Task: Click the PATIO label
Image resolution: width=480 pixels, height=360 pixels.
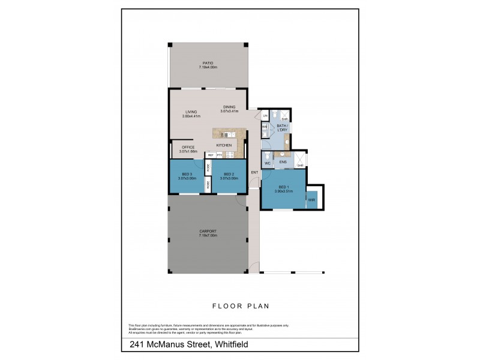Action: (x=208, y=62)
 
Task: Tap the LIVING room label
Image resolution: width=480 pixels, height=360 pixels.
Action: (x=191, y=111)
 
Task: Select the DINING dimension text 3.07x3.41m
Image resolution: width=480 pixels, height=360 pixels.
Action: (x=229, y=112)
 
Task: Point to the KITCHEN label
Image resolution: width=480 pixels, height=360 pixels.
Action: (x=224, y=146)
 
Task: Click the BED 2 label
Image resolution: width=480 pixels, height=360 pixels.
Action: (x=229, y=174)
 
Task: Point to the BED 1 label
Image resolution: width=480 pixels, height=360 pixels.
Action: (x=283, y=188)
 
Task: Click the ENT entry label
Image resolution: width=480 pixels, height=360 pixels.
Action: (x=254, y=173)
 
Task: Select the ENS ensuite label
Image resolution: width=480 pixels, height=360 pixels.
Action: (x=283, y=162)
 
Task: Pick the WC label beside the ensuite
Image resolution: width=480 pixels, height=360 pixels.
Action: (x=268, y=163)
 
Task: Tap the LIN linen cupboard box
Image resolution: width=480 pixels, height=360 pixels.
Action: (x=265, y=116)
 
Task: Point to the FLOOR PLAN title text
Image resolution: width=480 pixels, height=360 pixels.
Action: (x=239, y=305)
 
